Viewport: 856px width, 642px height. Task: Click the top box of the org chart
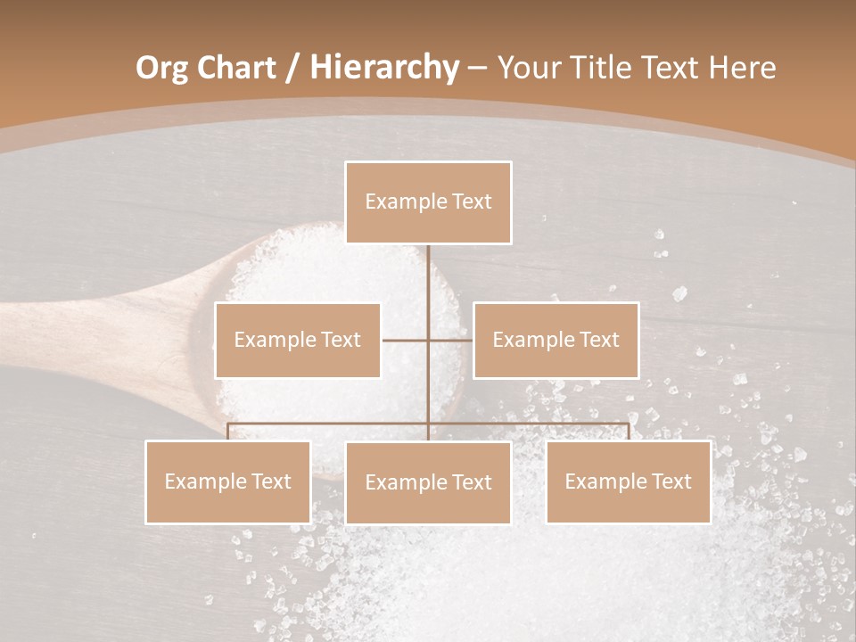428,202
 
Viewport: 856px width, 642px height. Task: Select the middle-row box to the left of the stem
298,340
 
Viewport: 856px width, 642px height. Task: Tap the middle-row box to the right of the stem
556,340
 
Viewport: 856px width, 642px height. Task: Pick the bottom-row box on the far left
228,481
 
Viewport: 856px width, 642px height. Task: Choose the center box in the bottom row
428,482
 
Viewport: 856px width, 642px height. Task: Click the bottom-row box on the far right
628,481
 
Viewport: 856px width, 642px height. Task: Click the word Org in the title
161,68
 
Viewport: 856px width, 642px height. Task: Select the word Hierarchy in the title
383,68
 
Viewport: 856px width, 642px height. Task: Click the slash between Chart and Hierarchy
292,68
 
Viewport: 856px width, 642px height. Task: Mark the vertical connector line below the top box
428,276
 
